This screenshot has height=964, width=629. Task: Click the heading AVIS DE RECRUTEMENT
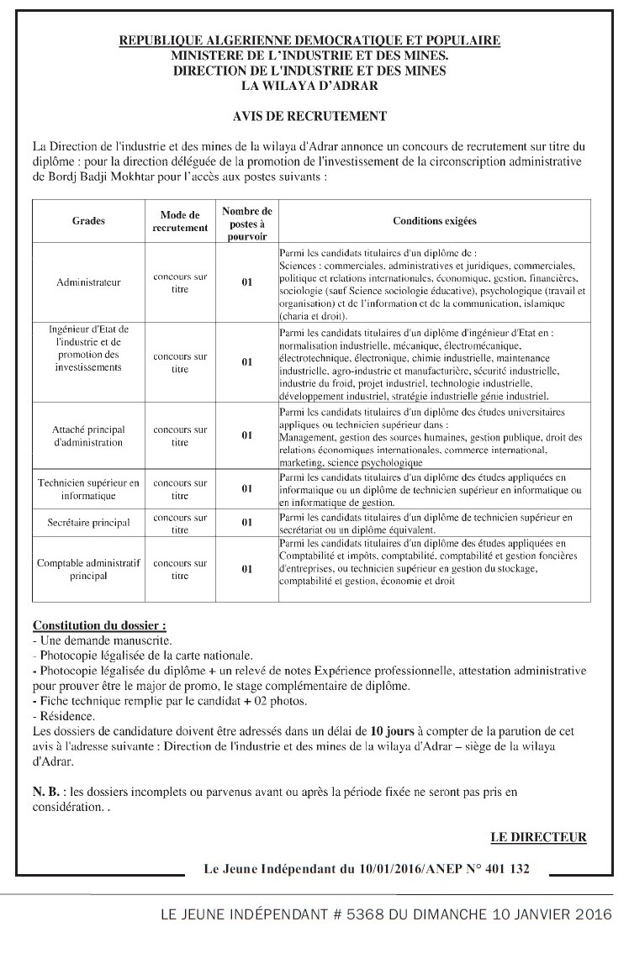click(309, 116)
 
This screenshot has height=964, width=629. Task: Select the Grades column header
click(88, 221)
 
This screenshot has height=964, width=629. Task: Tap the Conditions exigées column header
click(434, 221)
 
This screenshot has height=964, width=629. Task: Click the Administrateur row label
click(88, 282)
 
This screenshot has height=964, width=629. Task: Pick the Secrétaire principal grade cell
click(88, 523)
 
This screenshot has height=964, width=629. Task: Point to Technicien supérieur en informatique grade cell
click(88, 488)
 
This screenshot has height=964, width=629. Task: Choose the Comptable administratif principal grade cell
click(88, 569)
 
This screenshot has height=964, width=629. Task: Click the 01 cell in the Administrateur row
click(247, 282)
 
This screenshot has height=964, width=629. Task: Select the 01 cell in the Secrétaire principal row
click(247, 523)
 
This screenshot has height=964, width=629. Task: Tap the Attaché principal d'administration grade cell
click(88, 435)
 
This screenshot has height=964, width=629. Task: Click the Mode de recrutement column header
click(180, 221)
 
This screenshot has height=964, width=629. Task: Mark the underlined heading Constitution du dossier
click(99, 626)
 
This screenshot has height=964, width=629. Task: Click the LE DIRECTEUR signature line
click(538, 837)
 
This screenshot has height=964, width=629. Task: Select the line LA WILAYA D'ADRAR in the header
click(309, 85)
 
